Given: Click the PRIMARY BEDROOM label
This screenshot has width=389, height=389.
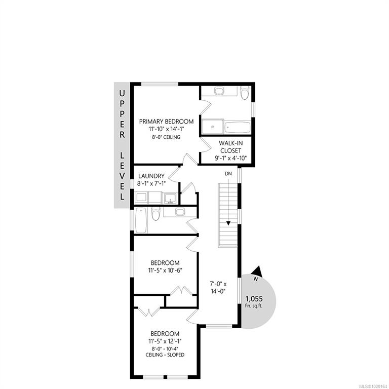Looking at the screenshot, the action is pos(166,122).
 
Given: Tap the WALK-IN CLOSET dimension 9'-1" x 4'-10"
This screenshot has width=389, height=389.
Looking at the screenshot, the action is pos(231,158).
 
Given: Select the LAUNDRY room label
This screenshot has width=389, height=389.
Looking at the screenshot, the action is pos(151,176).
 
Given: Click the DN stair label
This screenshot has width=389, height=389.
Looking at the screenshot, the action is pos(228,174).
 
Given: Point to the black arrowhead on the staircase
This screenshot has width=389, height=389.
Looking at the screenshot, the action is pos(228,223).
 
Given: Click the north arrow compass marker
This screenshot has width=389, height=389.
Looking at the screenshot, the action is pos(258,271).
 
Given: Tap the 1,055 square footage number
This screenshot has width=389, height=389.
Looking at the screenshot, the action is pos(254,299).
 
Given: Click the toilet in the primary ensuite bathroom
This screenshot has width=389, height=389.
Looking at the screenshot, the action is pos(245,93).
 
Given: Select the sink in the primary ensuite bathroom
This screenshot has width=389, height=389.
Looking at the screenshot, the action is pos(219,91).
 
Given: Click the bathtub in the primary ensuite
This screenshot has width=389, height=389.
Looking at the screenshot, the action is pos(237,127).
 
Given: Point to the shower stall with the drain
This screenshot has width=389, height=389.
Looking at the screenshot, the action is pos(213,127).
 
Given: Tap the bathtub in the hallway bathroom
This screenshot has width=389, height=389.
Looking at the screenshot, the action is pos(141,220).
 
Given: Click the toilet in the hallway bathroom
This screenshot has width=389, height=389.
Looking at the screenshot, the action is pos(156,213).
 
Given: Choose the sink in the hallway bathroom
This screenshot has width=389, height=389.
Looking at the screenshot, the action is pos(180,212).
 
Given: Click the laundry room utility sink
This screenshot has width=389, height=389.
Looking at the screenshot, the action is pos(171,198).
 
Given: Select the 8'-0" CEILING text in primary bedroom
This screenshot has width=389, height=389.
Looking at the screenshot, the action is pos(166,137).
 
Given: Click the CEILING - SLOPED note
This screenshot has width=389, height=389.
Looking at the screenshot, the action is pos(165,355).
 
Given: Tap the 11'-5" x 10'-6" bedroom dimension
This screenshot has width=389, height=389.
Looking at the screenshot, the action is pos(165,270).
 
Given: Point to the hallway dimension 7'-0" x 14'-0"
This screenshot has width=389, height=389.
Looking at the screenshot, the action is pos(218,288).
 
